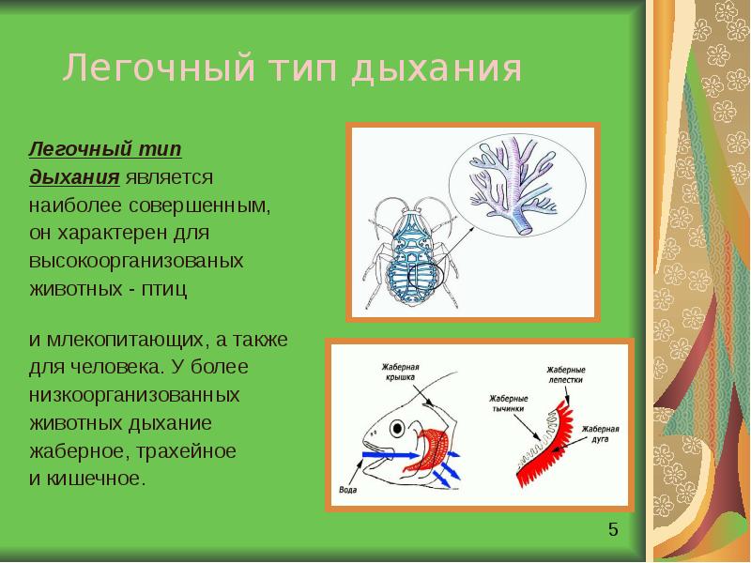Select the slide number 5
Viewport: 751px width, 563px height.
pyautogui.click(x=613, y=531)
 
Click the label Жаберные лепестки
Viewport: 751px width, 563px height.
pyautogui.click(x=566, y=375)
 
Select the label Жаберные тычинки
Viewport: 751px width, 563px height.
pyautogui.click(x=509, y=404)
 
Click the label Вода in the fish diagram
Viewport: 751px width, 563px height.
pyautogui.click(x=347, y=489)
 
